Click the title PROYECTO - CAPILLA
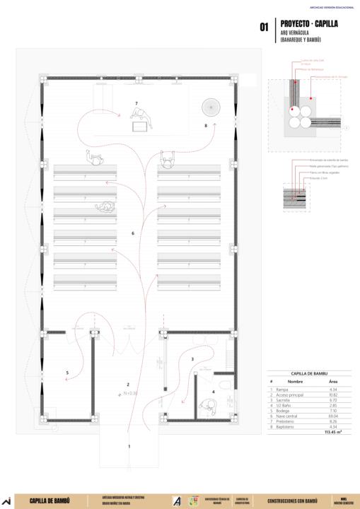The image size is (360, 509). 309,23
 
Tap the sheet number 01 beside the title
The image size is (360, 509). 263,28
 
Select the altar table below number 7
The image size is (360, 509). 140,126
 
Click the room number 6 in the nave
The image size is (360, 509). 133,233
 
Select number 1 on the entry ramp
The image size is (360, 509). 129,446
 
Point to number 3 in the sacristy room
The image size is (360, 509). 192,360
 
